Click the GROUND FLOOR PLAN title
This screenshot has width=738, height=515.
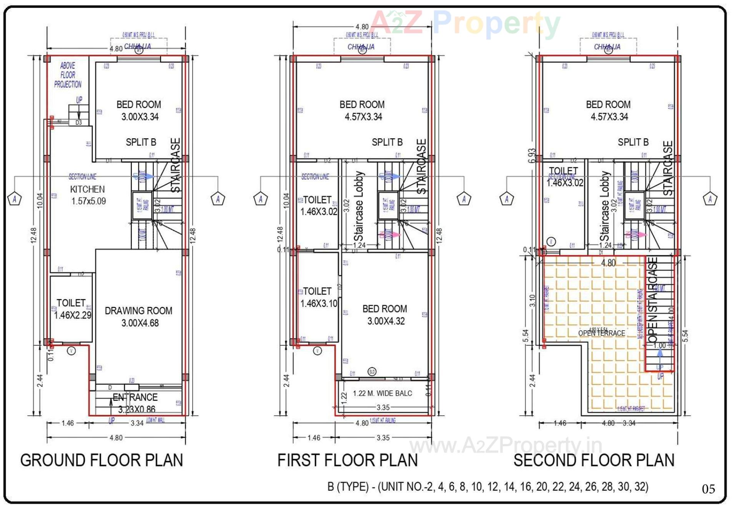pos(101,460)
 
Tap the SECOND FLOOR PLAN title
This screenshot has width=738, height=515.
pos(594,460)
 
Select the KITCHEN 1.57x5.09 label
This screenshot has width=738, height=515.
pos(88,195)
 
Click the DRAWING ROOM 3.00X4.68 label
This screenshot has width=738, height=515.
pos(139,317)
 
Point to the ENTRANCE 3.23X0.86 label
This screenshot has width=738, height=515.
pos(135,403)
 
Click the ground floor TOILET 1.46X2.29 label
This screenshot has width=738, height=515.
pos(72,309)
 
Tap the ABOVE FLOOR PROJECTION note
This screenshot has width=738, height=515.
pos(68,75)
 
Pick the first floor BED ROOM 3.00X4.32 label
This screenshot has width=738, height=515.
pos(385,315)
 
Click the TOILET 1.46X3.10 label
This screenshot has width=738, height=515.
pos(318,297)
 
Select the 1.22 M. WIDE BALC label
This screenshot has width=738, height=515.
pos(382,393)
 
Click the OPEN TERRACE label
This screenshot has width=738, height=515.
pos(602,333)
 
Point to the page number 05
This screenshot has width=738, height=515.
pos(708,489)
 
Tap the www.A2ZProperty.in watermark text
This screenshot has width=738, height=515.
pos(505,446)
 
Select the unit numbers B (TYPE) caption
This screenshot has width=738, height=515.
pos(487,487)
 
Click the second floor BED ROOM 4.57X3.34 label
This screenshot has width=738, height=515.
pos(608,110)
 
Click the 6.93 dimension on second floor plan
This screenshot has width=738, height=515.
pos(532,156)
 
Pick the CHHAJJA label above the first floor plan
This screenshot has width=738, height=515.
pos(361,47)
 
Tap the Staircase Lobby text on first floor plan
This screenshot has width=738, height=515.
pos(359,206)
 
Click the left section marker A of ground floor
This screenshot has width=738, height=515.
pos(15,199)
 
